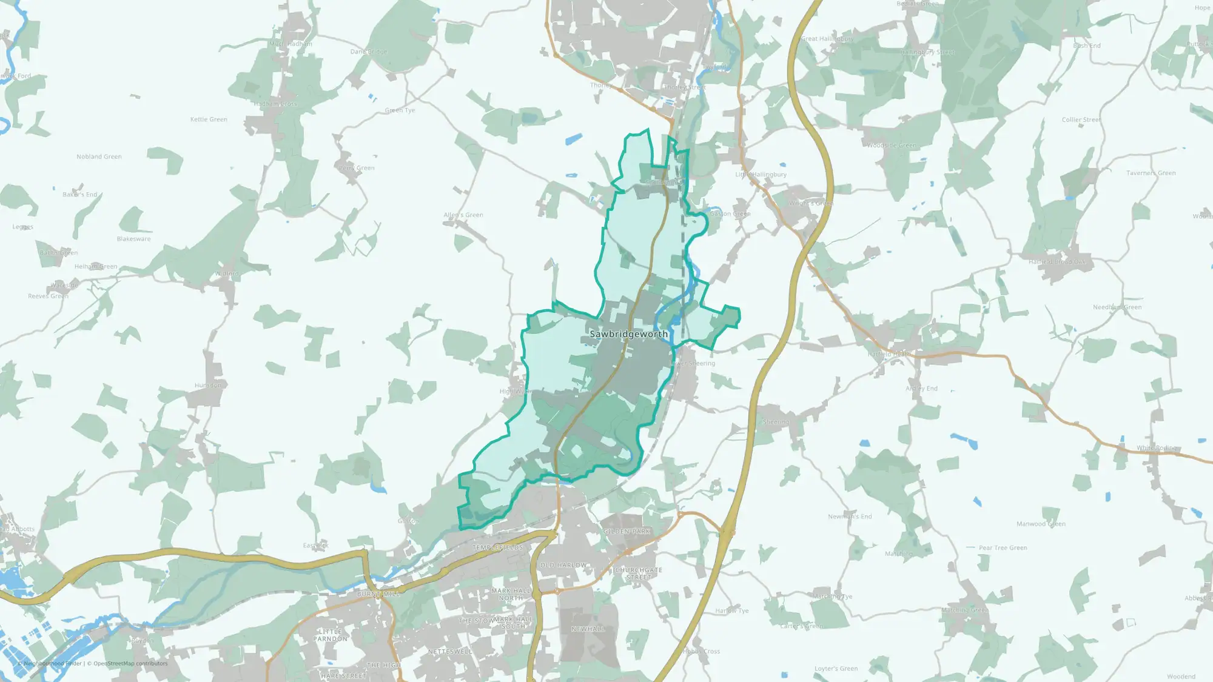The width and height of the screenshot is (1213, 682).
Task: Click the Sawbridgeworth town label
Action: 628,334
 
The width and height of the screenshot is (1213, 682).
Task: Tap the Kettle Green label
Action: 209,119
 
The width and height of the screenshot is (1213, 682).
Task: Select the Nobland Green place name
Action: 99,156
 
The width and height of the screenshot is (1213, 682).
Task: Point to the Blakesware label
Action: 133,239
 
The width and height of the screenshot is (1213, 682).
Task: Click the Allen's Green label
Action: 463,215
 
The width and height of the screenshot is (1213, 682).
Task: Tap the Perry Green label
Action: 357,168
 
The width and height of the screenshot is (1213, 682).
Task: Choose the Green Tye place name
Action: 400,110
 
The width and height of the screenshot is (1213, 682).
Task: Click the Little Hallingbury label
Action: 761,175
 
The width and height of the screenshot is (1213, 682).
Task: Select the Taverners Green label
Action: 1151,173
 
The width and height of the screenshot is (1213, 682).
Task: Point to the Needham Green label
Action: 1117,307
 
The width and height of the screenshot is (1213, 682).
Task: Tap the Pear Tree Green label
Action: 1003,548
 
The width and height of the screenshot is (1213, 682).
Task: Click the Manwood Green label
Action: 1041,524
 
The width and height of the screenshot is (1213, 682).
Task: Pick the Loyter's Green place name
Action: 836,669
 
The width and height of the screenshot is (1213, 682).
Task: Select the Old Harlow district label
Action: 563,565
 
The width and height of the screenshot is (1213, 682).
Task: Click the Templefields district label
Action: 497,547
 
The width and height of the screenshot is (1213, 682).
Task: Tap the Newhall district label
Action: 588,629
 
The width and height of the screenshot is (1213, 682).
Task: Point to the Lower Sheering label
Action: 692,364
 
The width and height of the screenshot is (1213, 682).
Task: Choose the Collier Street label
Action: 1081,120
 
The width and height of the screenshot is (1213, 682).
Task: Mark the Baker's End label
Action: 79,195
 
